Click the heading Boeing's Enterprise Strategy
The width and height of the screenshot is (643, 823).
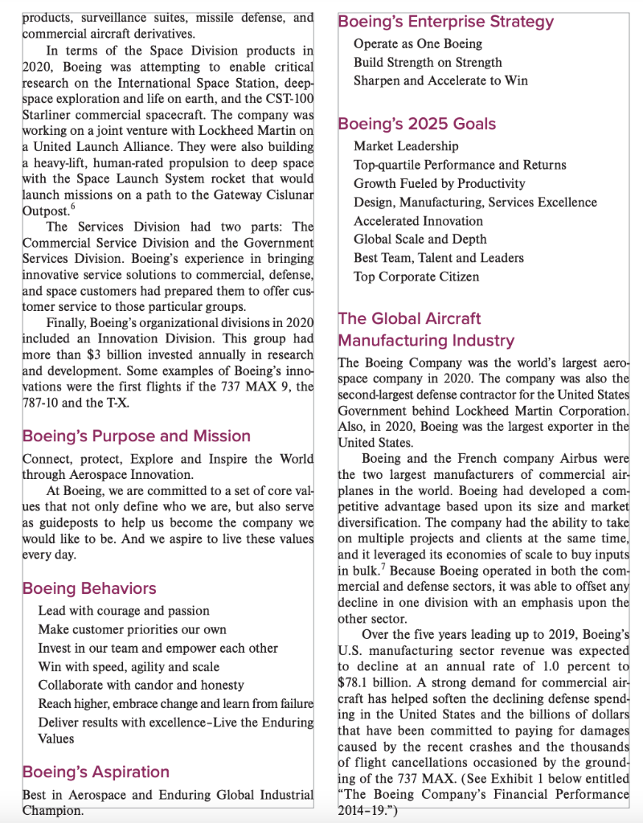point(445,22)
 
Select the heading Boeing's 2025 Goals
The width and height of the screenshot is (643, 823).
point(416,124)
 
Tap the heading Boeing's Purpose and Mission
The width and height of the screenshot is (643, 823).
point(136,436)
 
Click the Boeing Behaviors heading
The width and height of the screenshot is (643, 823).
point(89,588)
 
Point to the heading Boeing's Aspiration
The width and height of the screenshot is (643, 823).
point(96,772)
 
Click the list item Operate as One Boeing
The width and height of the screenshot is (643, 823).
point(418,43)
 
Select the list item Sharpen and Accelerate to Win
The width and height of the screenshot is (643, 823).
point(440,80)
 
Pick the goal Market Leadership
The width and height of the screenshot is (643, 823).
point(406,146)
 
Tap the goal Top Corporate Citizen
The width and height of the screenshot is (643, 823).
point(416,276)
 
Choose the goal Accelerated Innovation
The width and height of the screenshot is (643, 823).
point(418,221)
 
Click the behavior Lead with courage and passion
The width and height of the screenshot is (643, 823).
point(124,611)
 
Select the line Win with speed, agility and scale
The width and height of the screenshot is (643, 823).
point(129,666)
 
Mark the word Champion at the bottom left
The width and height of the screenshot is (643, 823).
point(52,811)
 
